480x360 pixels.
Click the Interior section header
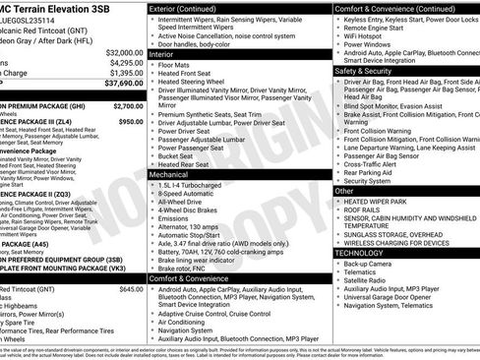(162, 54)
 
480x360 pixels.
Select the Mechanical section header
(170, 172)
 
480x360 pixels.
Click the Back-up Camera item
(369, 264)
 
